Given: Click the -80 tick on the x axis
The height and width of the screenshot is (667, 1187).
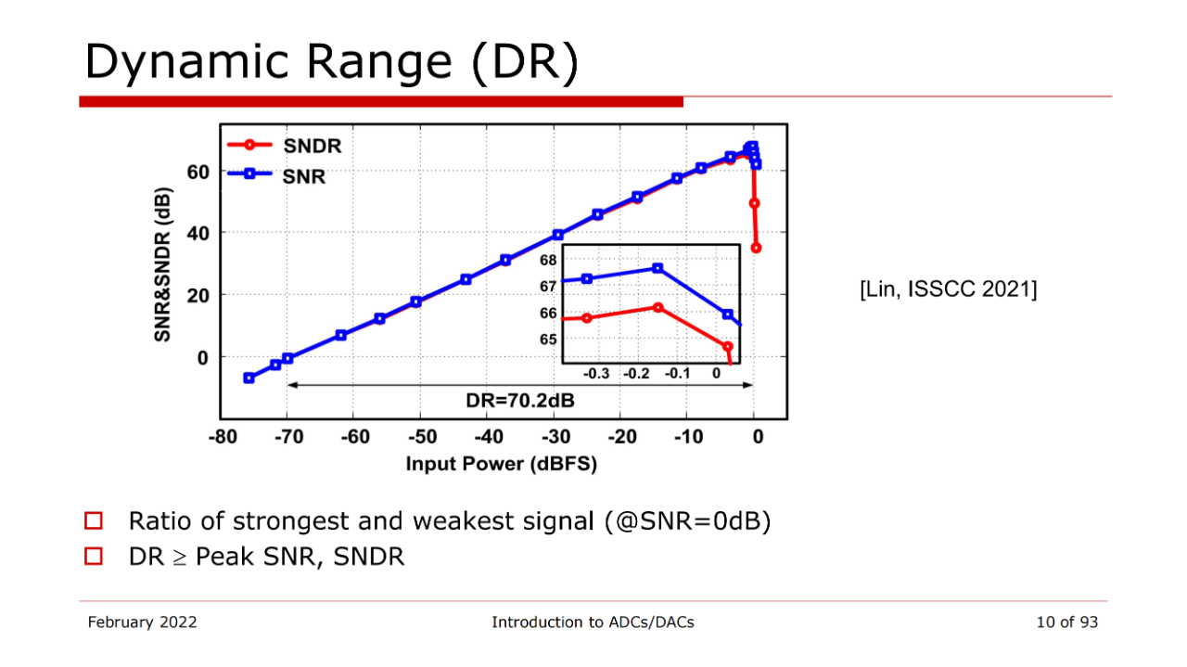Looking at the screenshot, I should point(222,437).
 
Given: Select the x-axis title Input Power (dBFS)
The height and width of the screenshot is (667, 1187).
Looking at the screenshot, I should point(502,464).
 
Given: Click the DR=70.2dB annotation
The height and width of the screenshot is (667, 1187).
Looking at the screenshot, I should point(519,401).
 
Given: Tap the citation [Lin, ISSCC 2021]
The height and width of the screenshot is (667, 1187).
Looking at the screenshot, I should point(949,289).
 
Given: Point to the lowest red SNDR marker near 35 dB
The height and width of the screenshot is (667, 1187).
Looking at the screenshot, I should point(756,248).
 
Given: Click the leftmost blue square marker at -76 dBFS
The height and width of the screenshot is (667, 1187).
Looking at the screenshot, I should point(249,378).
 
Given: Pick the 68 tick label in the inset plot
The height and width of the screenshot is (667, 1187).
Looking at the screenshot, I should point(548,260).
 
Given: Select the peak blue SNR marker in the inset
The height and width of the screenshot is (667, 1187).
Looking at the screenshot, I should point(657,268).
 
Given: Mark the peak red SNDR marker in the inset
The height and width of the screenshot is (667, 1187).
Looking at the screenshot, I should point(657,307).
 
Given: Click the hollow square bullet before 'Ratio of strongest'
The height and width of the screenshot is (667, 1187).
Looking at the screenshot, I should point(93,521).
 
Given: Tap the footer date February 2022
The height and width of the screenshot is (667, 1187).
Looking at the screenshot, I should point(142,622).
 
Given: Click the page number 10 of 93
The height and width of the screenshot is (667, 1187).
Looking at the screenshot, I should point(1066,622).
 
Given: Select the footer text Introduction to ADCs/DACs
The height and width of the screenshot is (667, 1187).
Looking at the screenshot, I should point(593,622).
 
